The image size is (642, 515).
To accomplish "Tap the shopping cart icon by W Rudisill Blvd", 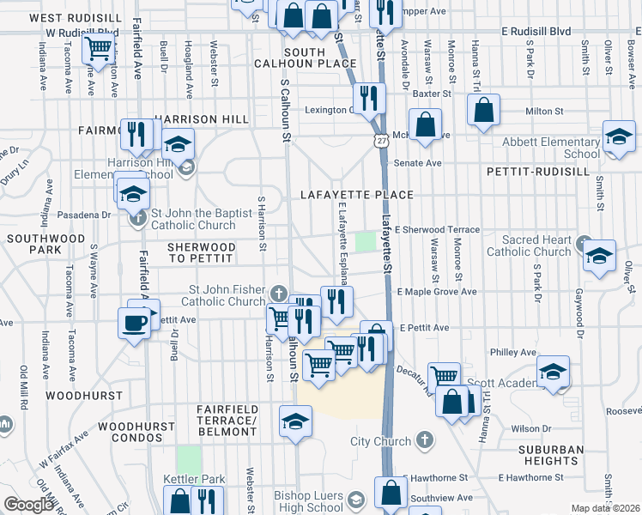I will click(99, 48).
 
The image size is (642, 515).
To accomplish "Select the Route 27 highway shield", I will click(380, 138).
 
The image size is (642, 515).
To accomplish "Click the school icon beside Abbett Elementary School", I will click(618, 136).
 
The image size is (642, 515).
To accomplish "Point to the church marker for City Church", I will click(422, 441).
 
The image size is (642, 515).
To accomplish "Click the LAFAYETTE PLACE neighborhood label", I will click(357, 195).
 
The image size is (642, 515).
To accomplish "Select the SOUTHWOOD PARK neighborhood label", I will click(31, 243).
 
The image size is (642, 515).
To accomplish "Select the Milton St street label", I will click(543, 111).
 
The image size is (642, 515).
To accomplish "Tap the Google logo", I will click(28, 505).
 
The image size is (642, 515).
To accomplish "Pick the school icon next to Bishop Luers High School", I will click(355, 499).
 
